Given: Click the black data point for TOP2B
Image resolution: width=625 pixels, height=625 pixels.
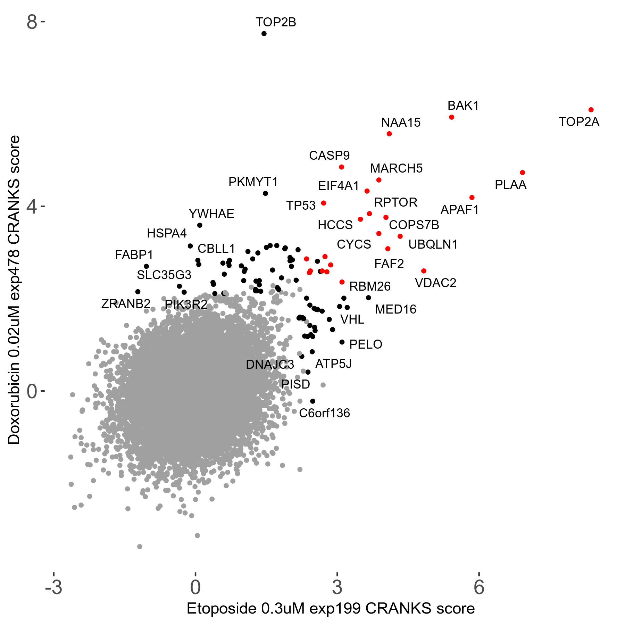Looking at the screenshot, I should click(x=264, y=34).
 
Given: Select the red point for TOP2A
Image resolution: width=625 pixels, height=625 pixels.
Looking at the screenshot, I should click(x=591, y=110).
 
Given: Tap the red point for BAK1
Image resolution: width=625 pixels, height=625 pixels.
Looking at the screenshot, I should click(x=451, y=117).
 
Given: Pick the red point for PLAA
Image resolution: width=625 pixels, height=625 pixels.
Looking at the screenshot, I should click(x=522, y=173).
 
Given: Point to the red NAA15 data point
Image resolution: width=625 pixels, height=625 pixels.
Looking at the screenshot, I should click(x=389, y=134).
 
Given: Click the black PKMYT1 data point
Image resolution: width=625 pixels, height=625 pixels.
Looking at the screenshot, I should click(x=265, y=193).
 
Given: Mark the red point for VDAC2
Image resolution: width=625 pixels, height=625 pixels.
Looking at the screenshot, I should click(x=423, y=271).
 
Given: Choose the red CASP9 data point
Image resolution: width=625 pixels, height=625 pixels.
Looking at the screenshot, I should click(x=341, y=167).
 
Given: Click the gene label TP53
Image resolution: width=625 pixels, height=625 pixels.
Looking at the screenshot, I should click(x=301, y=206).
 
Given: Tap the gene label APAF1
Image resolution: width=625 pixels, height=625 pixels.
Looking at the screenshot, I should click(x=459, y=210).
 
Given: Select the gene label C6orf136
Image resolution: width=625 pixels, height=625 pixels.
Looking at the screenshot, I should click(x=324, y=413).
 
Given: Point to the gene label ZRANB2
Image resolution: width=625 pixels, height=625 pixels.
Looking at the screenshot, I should click(x=126, y=304).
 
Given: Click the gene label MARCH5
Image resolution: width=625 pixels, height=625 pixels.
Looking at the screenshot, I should click(x=396, y=168).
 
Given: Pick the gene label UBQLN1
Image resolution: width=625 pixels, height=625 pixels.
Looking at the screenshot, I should click(x=433, y=244).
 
